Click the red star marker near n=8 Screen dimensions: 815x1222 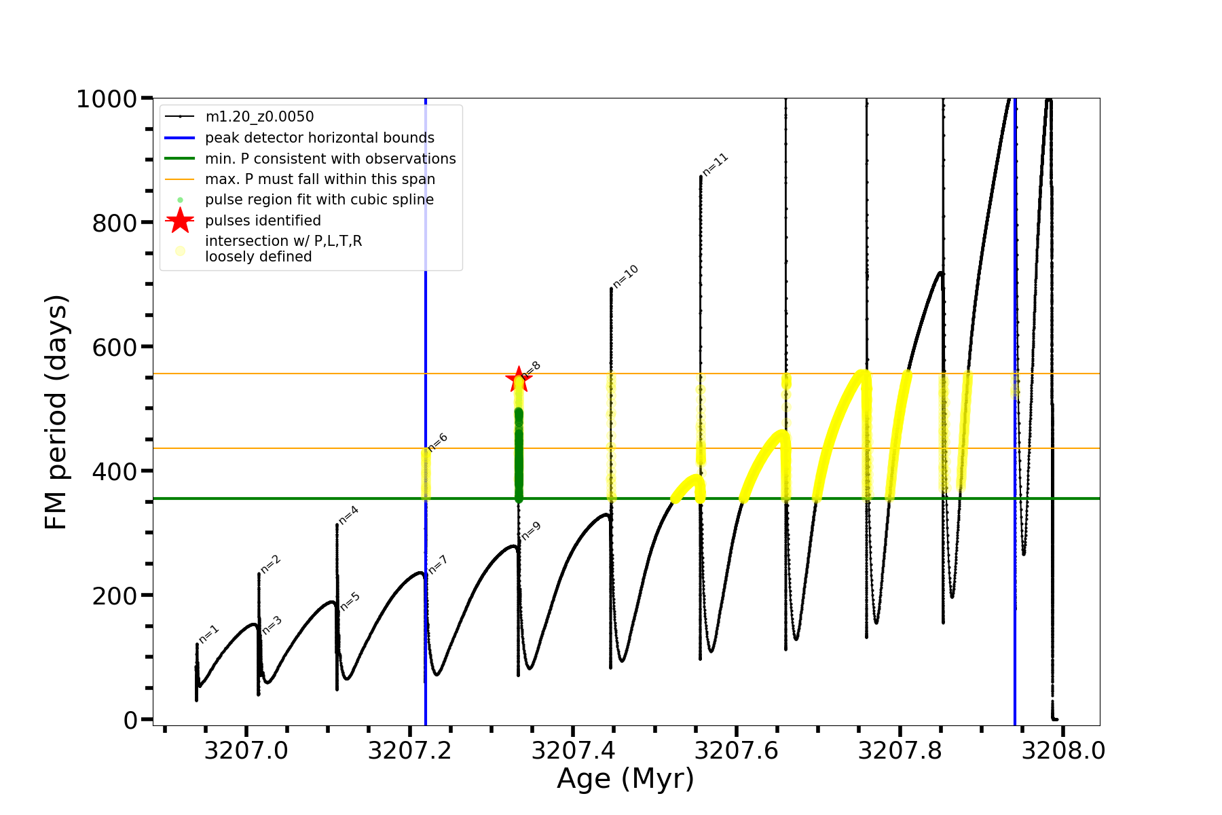pyautogui.click(x=519, y=380)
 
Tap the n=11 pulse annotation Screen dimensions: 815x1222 pyautogui.click(x=716, y=165)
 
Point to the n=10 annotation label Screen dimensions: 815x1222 pyautogui.click(x=626, y=276)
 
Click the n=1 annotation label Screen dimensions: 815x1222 pyautogui.click(x=209, y=634)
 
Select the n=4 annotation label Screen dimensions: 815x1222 pyautogui.click(x=348, y=515)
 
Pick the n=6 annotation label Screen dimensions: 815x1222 pyautogui.click(x=438, y=442)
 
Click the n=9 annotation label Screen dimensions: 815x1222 pyautogui.click(x=531, y=531)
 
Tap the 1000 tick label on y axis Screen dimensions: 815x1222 pyautogui.click(x=107, y=99)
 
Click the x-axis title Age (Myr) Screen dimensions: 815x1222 pyautogui.click(x=625, y=779)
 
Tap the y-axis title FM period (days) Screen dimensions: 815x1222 pyautogui.click(x=56, y=412)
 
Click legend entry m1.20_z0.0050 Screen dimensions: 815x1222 pyautogui.click(x=259, y=117)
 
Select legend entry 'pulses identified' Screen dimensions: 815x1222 pyautogui.click(x=263, y=221)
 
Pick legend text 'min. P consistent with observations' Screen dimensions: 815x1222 pyautogui.click(x=330, y=159)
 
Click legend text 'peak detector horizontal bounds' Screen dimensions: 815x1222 pyautogui.click(x=319, y=138)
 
